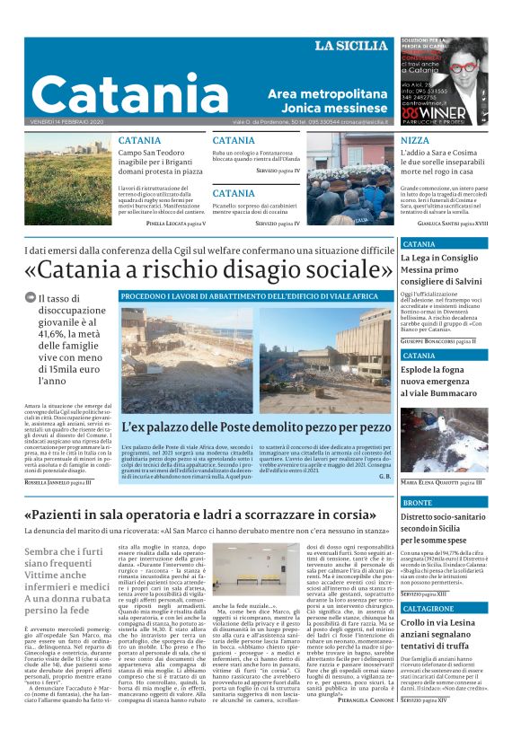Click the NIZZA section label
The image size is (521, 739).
[x=414, y=141]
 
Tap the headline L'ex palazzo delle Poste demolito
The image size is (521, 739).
[x=257, y=428]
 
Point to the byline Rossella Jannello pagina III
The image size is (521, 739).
[x=58, y=482]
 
